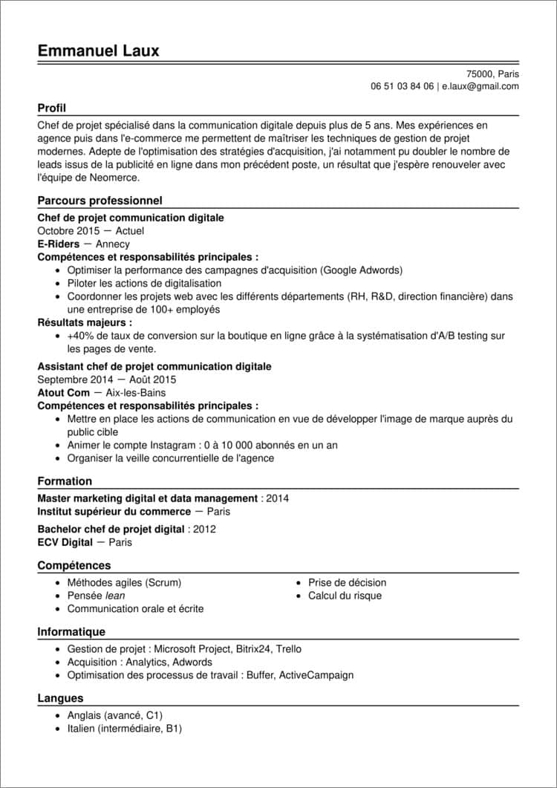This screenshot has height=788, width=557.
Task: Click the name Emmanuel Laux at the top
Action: [x=98, y=51]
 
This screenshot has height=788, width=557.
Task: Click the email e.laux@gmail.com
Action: [x=480, y=86]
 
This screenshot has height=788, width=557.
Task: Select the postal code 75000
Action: [x=480, y=74]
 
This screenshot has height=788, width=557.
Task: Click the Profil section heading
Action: [x=52, y=108]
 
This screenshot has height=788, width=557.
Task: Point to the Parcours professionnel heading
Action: [x=100, y=201]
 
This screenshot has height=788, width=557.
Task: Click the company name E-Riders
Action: [x=59, y=244]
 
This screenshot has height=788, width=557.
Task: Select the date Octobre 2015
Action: [x=68, y=231]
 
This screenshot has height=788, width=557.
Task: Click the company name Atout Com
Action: [x=63, y=393]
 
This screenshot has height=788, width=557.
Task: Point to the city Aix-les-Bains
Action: [x=136, y=393]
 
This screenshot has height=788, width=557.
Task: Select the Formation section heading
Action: [x=65, y=481]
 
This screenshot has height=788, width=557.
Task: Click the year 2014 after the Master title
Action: [x=277, y=498]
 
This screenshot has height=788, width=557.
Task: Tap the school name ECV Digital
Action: [x=65, y=543]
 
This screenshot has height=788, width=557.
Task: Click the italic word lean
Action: [x=115, y=596]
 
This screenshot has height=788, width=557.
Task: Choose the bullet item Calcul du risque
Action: [x=345, y=596]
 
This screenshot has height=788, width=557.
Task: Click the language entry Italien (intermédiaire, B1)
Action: [x=124, y=729]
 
